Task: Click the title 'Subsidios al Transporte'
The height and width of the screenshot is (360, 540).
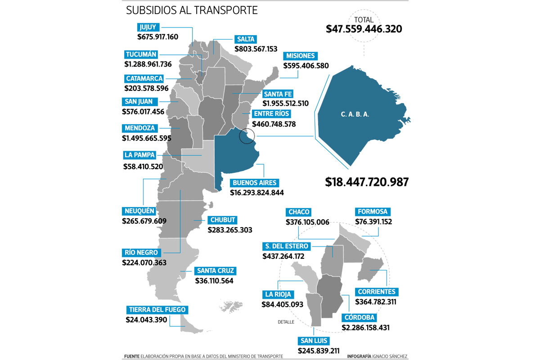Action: point(192,10)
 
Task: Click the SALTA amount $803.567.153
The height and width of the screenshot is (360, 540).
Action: point(256,49)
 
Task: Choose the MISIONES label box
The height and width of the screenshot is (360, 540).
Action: point(300,56)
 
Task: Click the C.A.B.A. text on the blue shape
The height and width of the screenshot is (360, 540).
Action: point(355,114)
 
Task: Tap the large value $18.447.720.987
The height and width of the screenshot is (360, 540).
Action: point(366,182)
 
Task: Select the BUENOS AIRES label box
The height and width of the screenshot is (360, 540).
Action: point(255,183)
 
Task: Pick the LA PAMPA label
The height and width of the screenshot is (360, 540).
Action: point(139,155)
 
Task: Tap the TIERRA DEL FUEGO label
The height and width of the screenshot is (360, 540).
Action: point(156,310)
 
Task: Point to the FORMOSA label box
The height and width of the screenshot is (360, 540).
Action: point(372,211)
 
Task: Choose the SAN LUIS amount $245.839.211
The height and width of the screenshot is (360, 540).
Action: point(318,351)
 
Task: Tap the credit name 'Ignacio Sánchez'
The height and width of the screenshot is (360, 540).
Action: point(390,356)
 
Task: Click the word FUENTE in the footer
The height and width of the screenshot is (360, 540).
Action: point(132,356)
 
